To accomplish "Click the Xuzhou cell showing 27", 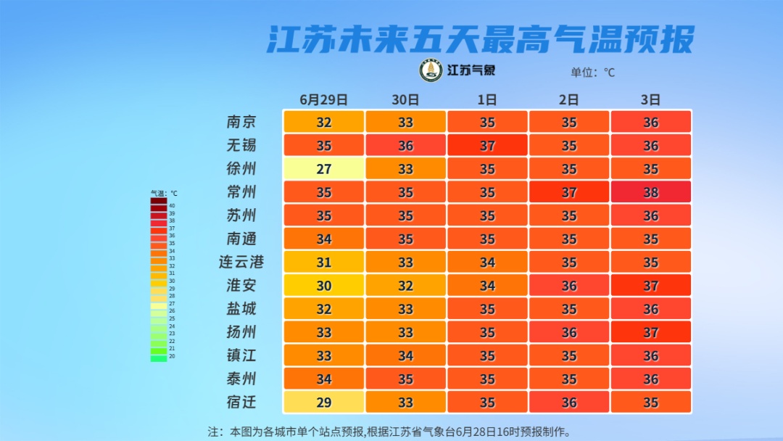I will pyautogui.click(x=323, y=169).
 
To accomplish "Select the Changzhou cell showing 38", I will pyautogui.click(x=650, y=192).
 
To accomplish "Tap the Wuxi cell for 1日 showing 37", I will pyautogui.click(x=487, y=146).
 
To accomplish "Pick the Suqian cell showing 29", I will pyautogui.click(x=323, y=402).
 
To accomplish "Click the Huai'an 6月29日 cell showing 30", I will pyautogui.click(x=323, y=286).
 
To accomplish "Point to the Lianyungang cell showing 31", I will pyautogui.click(x=323, y=263).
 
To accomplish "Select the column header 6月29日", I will pyautogui.click(x=323, y=99).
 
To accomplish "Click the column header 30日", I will pyautogui.click(x=405, y=99).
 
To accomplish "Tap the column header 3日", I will pyautogui.click(x=650, y=99).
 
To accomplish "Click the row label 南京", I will pyautogui.click(x=241, y=122).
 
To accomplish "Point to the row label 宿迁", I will pyautogui.click(x=241, y=402).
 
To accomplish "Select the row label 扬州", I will pyautogui.click(x=241, y=332).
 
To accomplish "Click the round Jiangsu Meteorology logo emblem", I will pyautogui.click(x=431, y=70).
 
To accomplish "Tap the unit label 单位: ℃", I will pyautogui.click(x=592, y=72).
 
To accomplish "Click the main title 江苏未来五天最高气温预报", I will pyautogui.click(x=481, y=39).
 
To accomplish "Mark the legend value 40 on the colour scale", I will pyautogui.click(x=172, y=206).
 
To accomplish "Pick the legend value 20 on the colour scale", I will pyautogui.click(x=172, y=357).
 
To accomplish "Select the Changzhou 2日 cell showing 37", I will pyautogui.click(x=569, y=192).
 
